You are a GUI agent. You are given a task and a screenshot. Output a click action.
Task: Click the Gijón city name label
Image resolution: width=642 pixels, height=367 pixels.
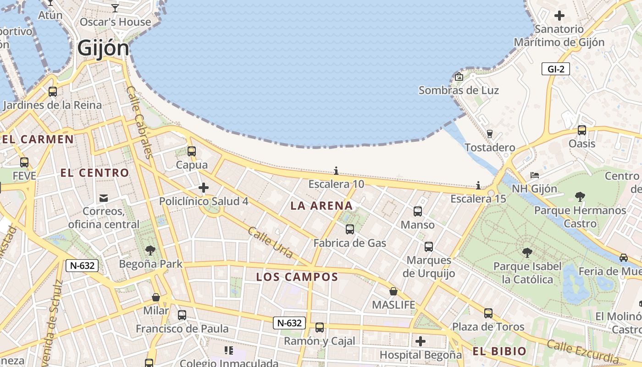tap(103, 48)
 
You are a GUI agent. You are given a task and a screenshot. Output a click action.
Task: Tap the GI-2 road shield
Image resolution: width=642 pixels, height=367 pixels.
tap(555, 69)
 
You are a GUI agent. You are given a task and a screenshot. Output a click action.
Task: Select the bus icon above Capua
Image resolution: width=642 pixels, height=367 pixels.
tap(192, 151)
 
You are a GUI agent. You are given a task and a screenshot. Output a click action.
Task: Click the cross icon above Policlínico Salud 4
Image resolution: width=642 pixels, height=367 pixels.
tap(204, 188)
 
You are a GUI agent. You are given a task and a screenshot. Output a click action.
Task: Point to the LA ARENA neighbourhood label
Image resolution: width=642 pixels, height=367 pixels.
tap(322, 206)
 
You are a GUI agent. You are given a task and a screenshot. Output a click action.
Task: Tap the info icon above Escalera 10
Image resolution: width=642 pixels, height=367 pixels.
tap(336, 171)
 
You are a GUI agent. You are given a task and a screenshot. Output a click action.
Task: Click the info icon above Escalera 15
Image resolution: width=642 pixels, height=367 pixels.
tap(478, 185)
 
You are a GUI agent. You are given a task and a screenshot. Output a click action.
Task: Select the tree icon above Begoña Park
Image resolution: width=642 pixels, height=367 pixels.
tap(150, 250)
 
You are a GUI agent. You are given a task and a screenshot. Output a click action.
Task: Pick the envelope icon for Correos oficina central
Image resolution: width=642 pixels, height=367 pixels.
tap(104, 198)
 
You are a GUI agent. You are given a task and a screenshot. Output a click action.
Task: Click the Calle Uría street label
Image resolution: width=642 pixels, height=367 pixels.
tap(270, 242)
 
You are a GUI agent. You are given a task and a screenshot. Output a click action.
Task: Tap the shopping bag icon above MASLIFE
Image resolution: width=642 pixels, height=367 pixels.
tap(393, 291)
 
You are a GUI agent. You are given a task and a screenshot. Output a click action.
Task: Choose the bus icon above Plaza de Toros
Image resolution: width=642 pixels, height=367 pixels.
tap(488, 313)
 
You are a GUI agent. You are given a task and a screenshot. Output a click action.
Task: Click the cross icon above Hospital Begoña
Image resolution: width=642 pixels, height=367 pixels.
tap(421, 341)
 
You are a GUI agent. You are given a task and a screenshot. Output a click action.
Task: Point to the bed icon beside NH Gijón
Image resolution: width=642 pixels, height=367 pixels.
tap(534, 175)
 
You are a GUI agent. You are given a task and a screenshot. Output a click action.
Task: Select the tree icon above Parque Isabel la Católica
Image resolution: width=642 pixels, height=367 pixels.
tap(527, 252)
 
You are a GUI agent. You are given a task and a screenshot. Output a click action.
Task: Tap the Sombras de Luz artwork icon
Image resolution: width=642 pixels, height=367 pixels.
tap(459, 77)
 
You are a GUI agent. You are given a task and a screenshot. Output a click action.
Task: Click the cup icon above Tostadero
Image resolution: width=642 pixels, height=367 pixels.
tap(489, 134)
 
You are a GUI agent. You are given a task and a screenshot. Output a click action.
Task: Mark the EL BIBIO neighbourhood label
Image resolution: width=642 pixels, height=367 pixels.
tap(499, 352)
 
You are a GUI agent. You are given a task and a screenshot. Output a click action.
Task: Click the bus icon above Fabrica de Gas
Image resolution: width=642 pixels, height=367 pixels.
tap(350, 229)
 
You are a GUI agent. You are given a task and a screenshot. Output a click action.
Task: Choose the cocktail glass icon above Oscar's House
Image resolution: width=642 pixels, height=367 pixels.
tap(115, 8)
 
